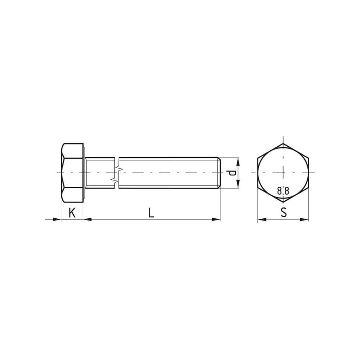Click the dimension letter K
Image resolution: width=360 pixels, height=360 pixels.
point(72,213)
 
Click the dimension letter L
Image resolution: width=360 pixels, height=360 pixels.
point(151,213)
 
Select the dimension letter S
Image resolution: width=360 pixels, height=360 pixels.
point(284,212)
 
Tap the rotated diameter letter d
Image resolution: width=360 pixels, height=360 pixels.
point(231,173)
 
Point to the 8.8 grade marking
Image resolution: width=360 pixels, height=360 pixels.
point(283,191)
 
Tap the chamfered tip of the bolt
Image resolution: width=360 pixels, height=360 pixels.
point(219,173)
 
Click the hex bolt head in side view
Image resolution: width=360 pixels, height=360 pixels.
point(72,173)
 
